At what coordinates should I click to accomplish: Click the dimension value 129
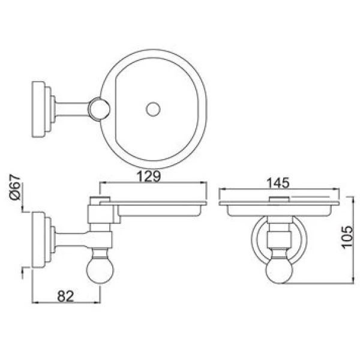tap(149, 176)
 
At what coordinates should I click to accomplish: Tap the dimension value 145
tap(278, 183)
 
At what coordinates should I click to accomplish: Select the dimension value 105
tap(346, 237)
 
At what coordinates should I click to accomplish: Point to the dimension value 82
tap(65, 296)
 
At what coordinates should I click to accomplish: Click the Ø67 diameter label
tap(15, 187)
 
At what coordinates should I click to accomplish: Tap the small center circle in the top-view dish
tap(153, 109)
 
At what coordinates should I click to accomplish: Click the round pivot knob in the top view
tap(99, 109)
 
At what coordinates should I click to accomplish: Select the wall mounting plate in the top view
tap(38, 109)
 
